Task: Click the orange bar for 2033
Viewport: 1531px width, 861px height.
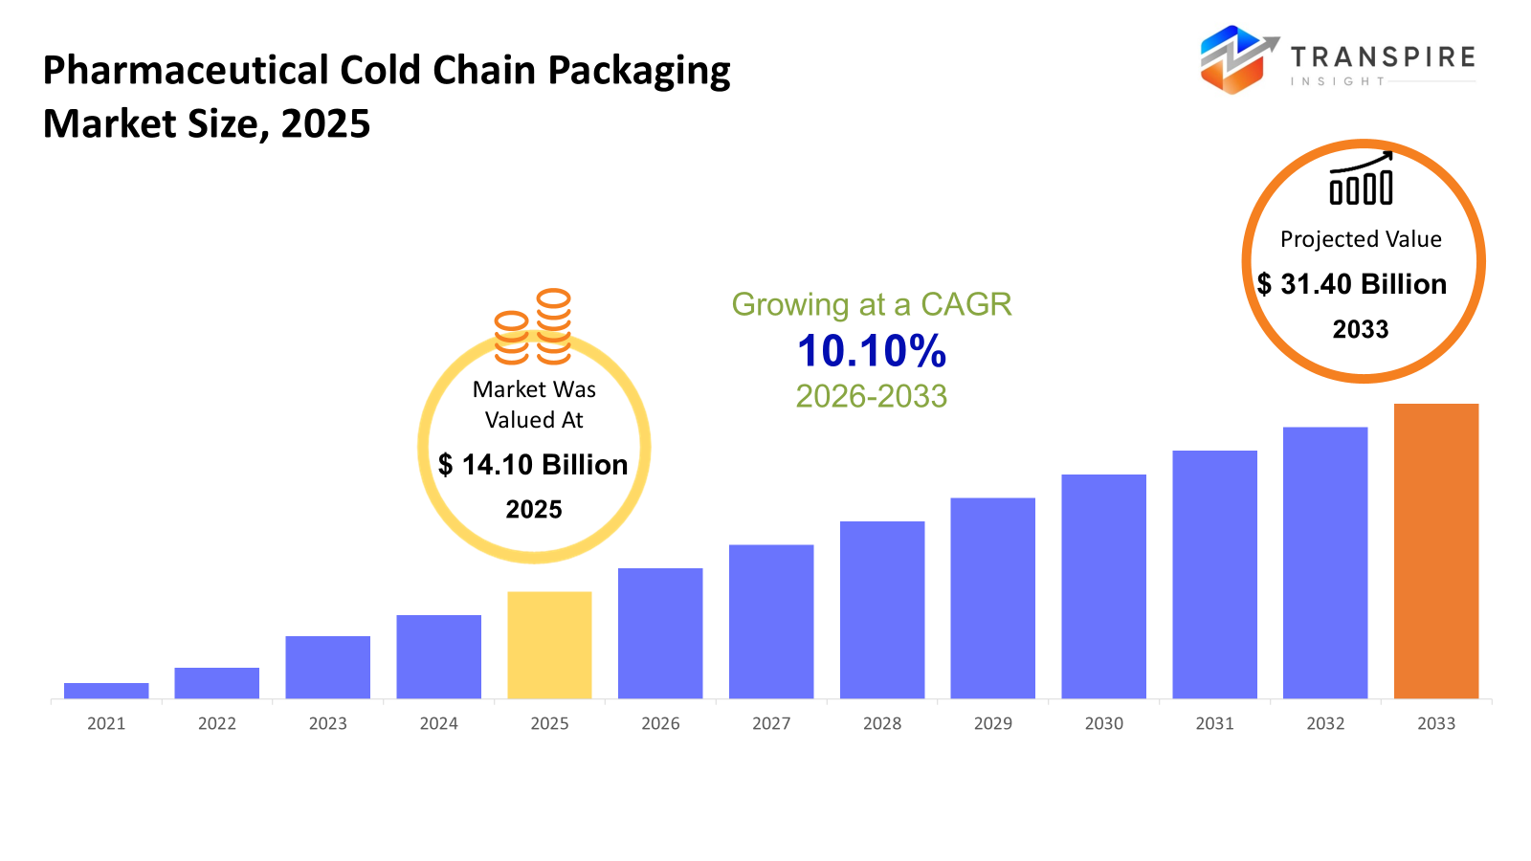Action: click(1435, 551)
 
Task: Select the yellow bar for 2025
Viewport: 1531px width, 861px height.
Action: click(549, 645)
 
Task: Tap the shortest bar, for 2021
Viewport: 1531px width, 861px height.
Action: click(106, 691)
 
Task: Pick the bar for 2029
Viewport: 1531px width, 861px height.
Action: click(992, 598)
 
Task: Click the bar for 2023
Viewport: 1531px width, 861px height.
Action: click(327, 667)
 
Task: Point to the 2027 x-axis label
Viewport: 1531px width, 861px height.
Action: click(771, 724)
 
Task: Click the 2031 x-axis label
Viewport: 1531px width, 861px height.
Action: click(1214, 724)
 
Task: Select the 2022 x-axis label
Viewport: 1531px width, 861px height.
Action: click(217, 724)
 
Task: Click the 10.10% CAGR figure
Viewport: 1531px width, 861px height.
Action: click(872, 351)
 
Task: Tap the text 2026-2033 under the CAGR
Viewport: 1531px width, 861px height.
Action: click(872, 396)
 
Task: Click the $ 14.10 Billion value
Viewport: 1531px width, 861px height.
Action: click(533, 465)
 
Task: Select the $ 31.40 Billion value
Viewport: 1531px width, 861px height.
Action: click(1351, 284)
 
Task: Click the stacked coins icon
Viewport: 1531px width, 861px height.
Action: click(533, 328)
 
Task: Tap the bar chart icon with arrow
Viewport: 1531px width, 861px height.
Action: click(1361, 179)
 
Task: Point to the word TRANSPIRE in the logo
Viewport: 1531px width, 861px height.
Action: click(1383, 57)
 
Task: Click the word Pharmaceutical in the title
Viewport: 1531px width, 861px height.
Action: click(186, 72)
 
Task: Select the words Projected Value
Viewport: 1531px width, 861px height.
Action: click(1361, 239)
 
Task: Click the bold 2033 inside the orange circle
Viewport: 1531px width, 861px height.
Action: click(1361, 330)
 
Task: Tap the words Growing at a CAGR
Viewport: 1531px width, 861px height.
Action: click(872, 304)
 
